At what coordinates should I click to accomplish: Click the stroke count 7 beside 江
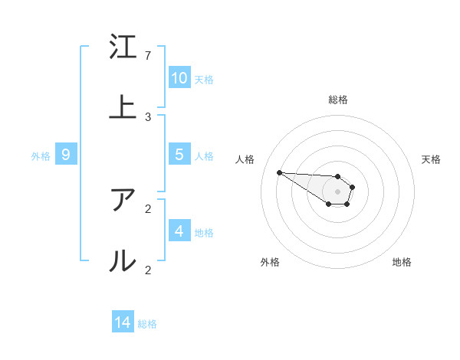pos(147,56)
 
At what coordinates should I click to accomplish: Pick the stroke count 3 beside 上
pos(147,116)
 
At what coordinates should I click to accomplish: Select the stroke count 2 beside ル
pos(147,270)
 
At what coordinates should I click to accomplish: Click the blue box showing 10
pos(179,78)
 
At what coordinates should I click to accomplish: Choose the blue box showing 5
pos(179,155)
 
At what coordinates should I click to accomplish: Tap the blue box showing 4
pos(179,231)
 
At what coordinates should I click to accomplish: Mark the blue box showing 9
pos(66,155)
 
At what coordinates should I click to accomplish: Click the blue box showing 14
pos(123,322)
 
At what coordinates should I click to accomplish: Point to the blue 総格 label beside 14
pos(147,324)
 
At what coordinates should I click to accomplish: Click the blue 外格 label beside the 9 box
pos(41,156)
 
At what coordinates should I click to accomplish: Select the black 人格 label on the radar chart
pos(245,159)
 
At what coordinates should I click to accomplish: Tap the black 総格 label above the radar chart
pos(338,100)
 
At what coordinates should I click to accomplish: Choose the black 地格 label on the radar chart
pos(402,262)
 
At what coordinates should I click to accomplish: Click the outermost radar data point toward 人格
pos(279,172)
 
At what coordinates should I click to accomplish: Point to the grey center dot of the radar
pos(337,191)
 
